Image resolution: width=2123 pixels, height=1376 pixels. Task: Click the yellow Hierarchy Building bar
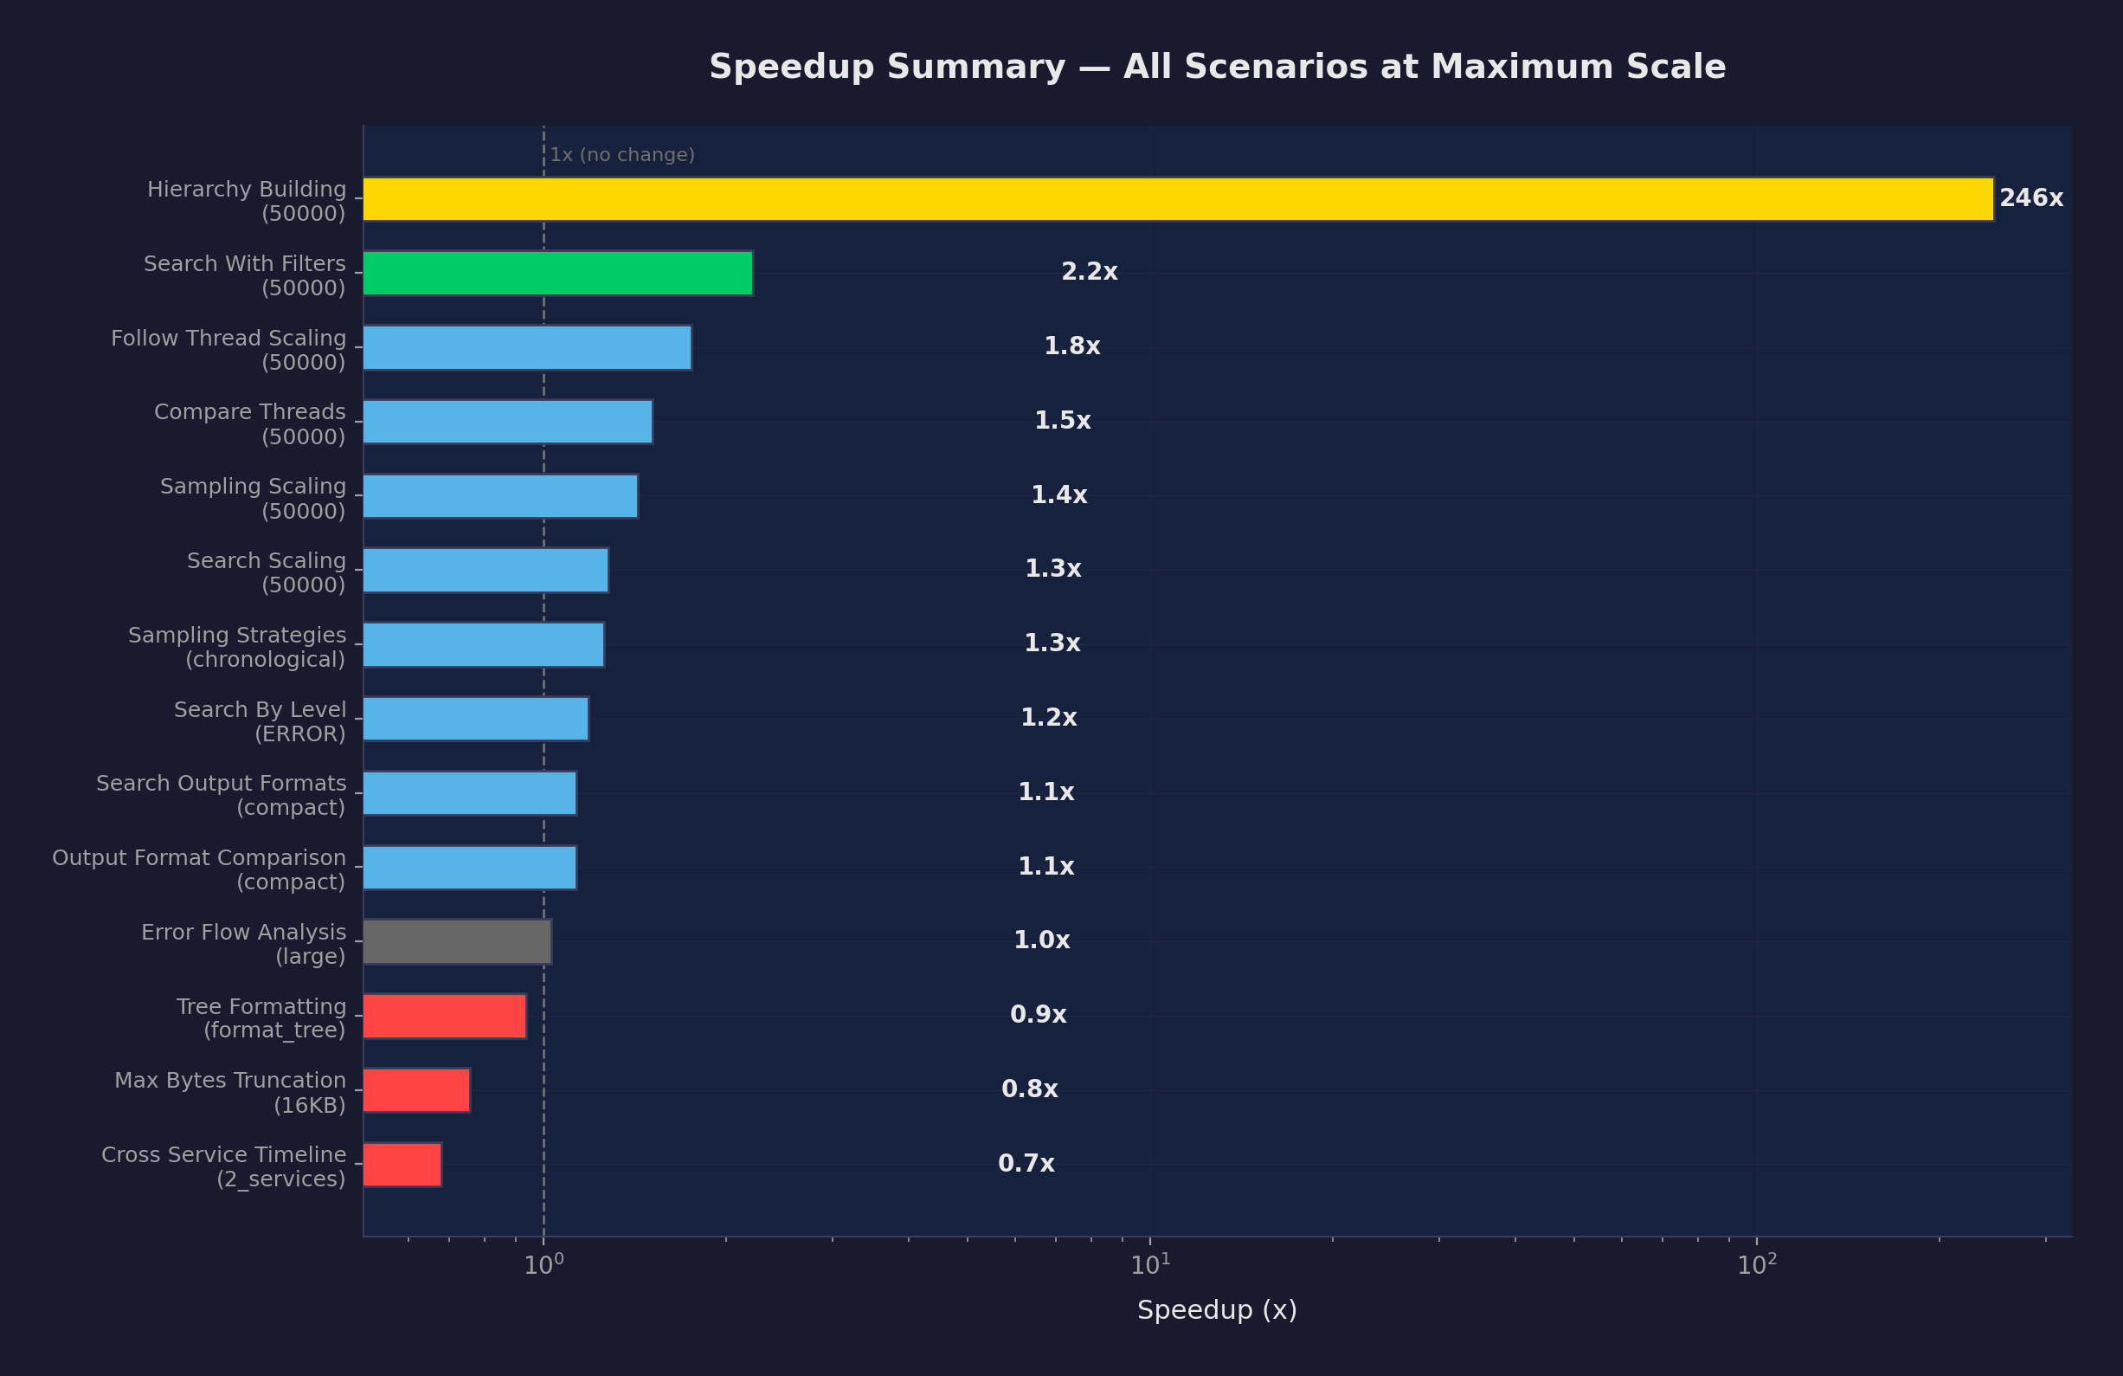pyautogui.click(x=1177, y=199)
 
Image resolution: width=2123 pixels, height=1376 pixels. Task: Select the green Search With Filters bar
pyautogui.click(x=557, y=273)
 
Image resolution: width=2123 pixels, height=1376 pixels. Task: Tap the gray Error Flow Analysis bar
pyautogui.click(x=457, y=941)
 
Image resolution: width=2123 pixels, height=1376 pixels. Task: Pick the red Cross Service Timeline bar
pyautogui.click(x=402, y=1165)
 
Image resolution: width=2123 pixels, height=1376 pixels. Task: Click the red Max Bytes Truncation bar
pyautogui.click(x=416, y=1089)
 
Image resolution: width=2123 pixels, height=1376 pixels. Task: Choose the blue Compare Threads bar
pyautogui.click(x=507, y=421)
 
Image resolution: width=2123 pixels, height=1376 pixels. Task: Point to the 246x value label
pyautogui.click(x=2030, y=198)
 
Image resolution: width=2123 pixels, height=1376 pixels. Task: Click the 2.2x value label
pyautogui.click(x=1088, y=272)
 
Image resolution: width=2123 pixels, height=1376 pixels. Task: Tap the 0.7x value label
pyautogui.click(x=1026, y=1164)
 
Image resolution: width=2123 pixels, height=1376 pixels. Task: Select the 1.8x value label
pyautogui.click(x=1071, y=346)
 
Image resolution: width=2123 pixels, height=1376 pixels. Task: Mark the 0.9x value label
pyautogui.click(x=1038, y=1015)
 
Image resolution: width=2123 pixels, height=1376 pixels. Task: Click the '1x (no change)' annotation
pyautogui.click(x=621, y=155)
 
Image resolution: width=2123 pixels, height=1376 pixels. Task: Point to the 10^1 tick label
pyautogui.click(x=1149, y=1265)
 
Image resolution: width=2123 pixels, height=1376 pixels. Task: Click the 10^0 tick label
pyautogui.click(x=544, y=1265)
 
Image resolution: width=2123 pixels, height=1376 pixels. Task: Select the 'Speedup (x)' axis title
pyautogui.click(x=1217, y=1310)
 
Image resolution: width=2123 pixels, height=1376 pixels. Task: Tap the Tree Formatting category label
pyautogui.click(x=261, y=1018)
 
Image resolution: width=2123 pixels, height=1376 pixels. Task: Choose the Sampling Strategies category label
pyautogui.click(x=237, y=647)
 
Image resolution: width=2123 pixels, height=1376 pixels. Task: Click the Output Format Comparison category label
pyautogui.click(x=199, y=869)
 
